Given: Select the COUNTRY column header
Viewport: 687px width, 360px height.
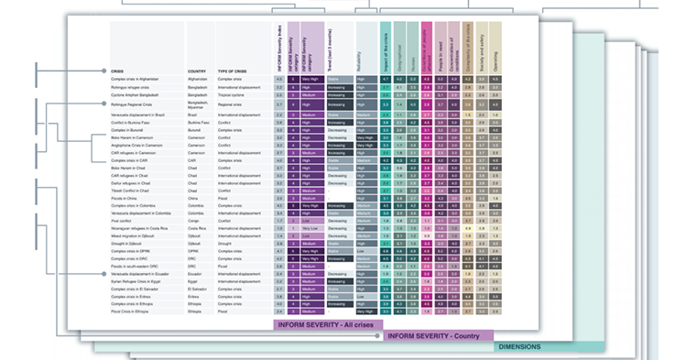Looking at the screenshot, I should tap(196, 71).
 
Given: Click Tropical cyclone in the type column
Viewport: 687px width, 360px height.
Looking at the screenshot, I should tap(231, 95).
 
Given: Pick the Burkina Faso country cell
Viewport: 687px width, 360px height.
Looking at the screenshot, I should tap(199, 122).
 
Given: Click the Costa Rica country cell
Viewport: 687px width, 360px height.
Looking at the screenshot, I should tap(197, 227).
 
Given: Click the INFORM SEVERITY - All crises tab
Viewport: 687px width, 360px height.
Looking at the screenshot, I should tap(327, 324).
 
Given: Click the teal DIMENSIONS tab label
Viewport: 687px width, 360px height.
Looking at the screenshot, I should tap(518, 347).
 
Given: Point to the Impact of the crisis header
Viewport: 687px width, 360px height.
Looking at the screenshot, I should tap(386, 46).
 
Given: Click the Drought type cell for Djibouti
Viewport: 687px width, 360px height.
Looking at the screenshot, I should tap(224, 244).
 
